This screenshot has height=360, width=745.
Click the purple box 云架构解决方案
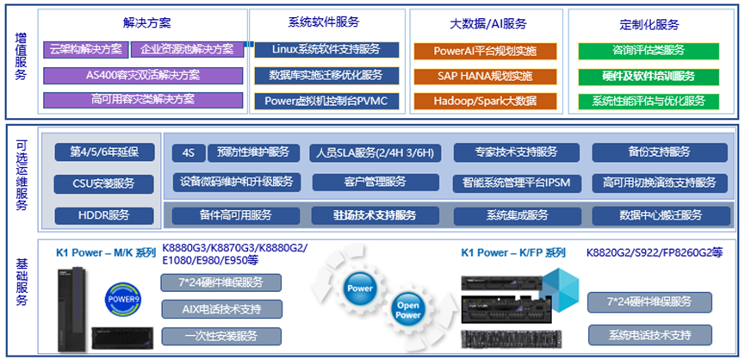[86, 50]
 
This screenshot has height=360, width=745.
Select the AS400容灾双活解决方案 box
[142, 75]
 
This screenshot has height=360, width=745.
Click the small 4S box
[188, 152]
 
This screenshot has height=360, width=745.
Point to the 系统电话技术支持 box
[650, 334]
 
